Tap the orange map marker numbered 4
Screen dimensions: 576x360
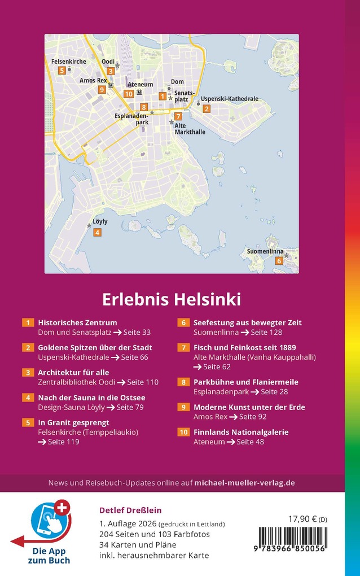click(x=97, y=233)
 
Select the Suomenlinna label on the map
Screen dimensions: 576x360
click(x=265, y=251)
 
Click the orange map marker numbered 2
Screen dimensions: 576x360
click(x=207, y=109)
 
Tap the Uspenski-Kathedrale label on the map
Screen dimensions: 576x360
click(x=230, y=99)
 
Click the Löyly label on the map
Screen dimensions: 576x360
click(x=100, y=222)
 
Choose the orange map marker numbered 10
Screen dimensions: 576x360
click(x=129, y=94)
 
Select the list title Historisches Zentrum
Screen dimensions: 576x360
click(x=77, y=323)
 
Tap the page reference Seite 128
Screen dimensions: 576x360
click(x=266, y=333)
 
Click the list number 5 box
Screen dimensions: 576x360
click(x=28, y=422)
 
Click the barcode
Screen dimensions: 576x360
click(x=292, y=540)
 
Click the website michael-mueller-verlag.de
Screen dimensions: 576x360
click(x=244, y=483)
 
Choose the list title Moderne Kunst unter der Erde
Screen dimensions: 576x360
click(x=249, y=407)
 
